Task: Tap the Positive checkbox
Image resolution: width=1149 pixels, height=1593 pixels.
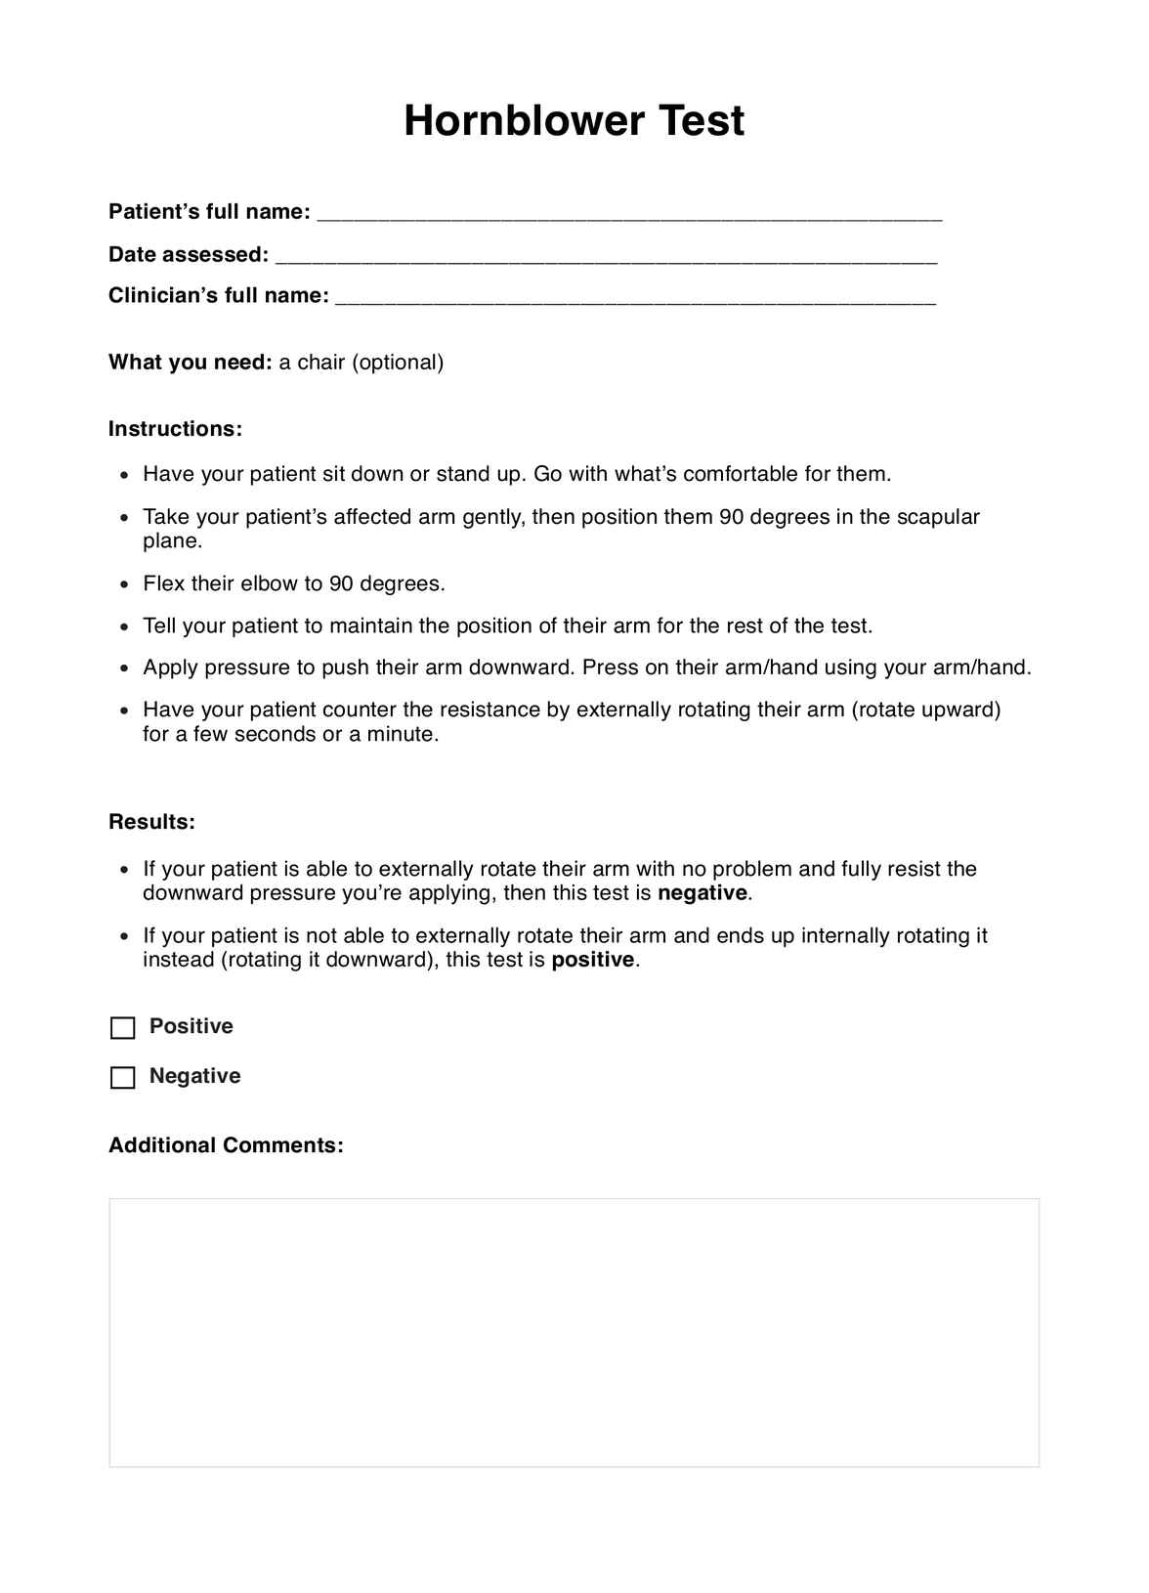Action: coord(123,1028)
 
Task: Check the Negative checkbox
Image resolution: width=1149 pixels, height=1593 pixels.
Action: coord(123,1078)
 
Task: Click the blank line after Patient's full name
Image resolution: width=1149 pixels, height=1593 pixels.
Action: coord(630,214)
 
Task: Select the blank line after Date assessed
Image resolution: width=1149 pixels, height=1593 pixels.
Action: coord(606,257)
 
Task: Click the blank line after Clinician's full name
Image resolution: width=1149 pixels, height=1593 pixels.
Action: coord(635,298)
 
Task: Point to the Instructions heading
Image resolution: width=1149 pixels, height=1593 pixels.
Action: coord(175,429)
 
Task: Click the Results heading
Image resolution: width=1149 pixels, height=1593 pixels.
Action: coord(151,822)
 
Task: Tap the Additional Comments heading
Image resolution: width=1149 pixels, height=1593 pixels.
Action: coord(226,1145)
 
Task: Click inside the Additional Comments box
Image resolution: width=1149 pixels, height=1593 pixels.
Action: coord(574,1332)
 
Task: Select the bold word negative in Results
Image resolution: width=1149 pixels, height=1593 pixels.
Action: coord(702,893)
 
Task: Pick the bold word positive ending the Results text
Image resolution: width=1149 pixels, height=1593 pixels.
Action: coord(593,960)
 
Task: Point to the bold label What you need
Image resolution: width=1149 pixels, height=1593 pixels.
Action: coord(190,363)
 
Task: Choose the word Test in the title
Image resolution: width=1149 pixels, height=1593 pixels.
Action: coord(702,121)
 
